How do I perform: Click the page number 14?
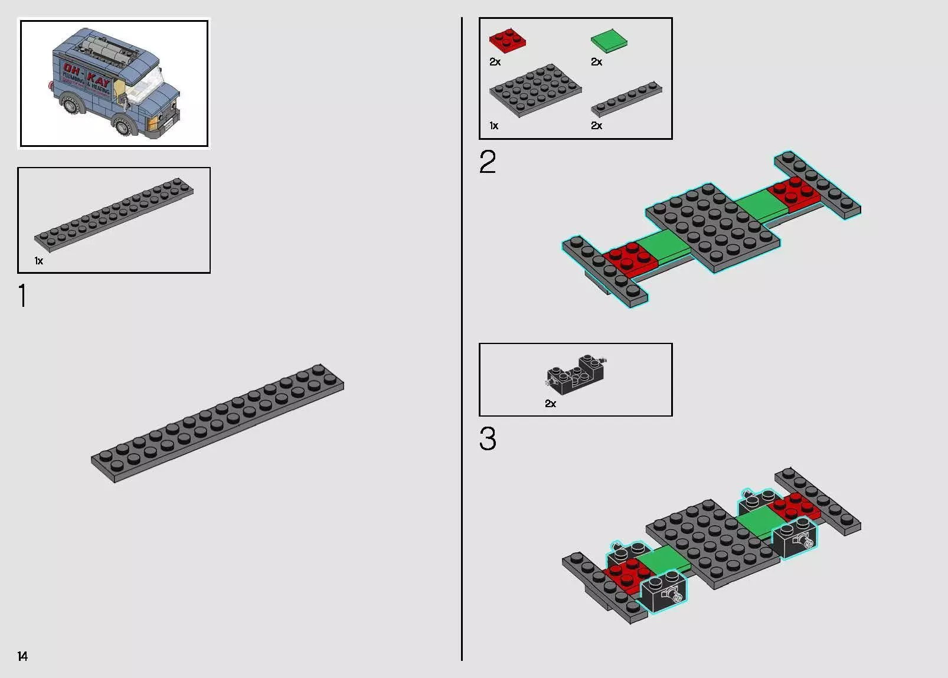click(22, 656)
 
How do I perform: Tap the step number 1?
click(22, 296)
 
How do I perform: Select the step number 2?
click(488, 162)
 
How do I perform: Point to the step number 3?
click(488, 440)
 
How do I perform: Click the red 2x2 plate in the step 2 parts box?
click(507, 40)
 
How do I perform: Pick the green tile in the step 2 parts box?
click(609, 40)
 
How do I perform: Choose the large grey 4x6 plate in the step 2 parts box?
click(535, 89)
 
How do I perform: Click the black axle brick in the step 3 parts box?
click(576, 374)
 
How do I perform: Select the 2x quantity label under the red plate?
click(495, 62)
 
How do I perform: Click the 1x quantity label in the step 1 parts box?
click(38, 261)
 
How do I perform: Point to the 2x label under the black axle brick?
click(550, 404)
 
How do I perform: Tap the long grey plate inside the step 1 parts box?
click(114, 213)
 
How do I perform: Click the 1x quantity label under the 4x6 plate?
click(493, 126)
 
